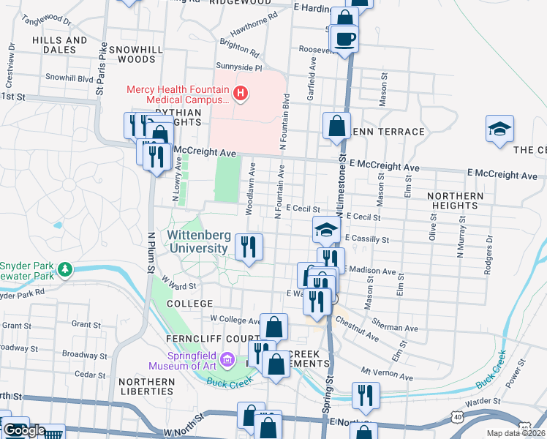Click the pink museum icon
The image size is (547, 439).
click(227, 360)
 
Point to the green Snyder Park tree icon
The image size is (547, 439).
click(66, 270)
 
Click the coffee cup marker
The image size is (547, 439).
click(344, 39)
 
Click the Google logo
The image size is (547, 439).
click(24, 431)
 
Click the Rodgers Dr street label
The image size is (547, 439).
click(487, 255)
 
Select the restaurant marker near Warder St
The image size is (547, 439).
click(366, 395)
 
